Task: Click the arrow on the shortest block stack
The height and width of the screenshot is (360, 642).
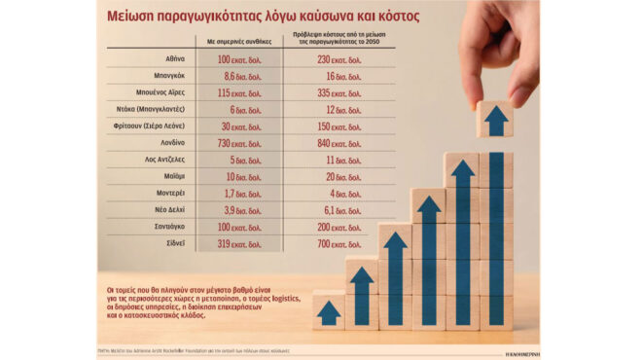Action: (329, 312)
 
